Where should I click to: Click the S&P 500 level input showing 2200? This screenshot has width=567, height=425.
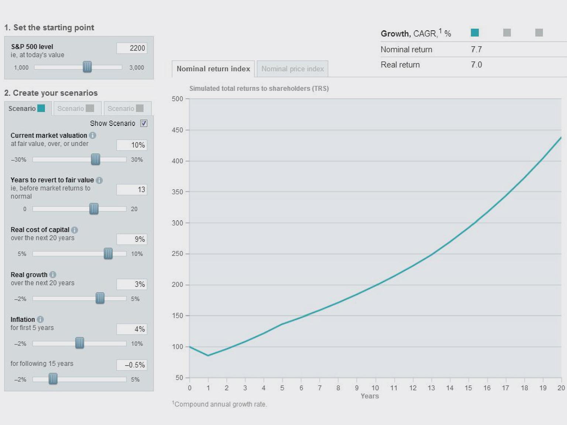[x=132, y=48]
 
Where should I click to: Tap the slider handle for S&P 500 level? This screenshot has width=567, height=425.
[x=87, y=67]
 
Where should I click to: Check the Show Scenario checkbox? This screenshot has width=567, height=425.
[x=144, y=123]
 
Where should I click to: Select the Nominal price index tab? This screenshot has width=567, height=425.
[x=292, y=69]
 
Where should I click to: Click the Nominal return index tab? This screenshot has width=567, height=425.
[x=213, y=69]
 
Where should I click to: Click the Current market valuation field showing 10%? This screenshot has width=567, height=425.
[x=132, y=145]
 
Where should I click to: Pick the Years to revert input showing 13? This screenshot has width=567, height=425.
[x=132, y=190]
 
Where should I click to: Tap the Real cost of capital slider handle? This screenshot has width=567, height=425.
[x=108, y=253]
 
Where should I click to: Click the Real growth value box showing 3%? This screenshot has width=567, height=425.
[x=132, y=284]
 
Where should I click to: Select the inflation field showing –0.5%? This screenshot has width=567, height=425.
[x=132, y=365]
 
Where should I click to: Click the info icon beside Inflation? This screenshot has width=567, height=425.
[x=40, y=319]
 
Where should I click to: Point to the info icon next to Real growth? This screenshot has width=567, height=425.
[x=53, y=274]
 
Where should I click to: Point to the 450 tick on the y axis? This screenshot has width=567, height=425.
[x=178, y=130]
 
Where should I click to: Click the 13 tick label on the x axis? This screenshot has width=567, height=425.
[x=431, y=388]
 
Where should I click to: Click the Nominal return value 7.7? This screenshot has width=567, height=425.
[x=476, y=49]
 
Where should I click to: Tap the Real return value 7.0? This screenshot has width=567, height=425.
[x=476, y=65]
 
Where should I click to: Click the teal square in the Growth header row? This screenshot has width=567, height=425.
[x=475, y=33]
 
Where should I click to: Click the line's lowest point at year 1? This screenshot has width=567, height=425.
[x=208, y=355]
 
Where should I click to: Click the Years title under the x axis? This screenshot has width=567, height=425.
[x=370, y=396]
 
